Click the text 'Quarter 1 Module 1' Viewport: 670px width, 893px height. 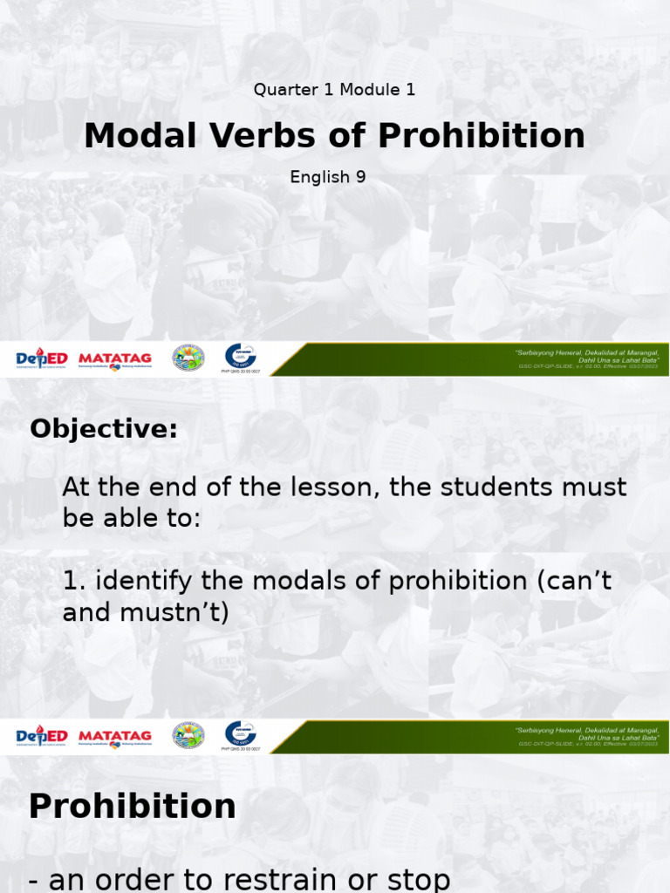click(334, 89)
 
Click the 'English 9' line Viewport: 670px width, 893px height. click(328, 177)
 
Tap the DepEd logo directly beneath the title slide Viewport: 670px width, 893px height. click(42, 358)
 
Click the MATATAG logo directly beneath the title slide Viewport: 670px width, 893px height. click(115, 358)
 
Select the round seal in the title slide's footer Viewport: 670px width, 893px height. click(188, 358)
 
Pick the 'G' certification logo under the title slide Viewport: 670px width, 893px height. click(241, 356)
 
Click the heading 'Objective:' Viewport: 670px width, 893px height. click(103, 429)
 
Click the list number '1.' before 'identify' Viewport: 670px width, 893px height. click(73, 581)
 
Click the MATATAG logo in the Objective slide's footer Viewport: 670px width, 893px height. click(115, 737)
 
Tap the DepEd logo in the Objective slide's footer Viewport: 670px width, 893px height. click(42, 737)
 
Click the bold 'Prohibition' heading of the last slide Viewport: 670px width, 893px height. click(132, 806)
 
